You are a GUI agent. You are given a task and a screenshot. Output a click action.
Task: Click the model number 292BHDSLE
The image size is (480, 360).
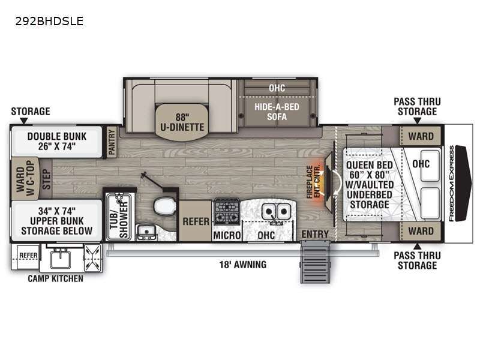pos(49,21)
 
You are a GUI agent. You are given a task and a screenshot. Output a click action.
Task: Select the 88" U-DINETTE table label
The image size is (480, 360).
pos(182,122)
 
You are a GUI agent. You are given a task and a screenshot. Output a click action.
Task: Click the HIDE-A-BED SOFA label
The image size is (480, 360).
pos(277,112)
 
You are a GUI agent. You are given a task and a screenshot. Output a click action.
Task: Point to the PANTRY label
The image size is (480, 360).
pos(112,142)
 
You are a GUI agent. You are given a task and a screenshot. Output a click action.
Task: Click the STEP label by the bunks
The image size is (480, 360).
pos(46,179)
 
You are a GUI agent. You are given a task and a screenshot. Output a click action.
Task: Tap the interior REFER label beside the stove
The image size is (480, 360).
pos(196,221)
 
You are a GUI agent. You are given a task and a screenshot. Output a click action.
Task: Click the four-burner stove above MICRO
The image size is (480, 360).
pos(227,212)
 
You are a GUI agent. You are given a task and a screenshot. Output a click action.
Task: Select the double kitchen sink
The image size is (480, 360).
pos(276,212)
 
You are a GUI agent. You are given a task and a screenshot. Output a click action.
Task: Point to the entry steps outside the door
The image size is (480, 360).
pos(316,262)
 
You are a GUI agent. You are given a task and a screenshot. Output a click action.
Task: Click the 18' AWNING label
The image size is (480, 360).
pos(243,265)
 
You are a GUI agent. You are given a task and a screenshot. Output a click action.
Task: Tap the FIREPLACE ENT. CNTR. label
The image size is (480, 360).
pos(313,182)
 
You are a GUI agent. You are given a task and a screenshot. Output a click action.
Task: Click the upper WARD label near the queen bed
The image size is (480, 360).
pos(421,136)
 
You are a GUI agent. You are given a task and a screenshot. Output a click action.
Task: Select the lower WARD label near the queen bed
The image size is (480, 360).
pos(421,231)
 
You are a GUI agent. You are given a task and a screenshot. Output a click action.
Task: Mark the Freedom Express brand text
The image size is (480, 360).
pos(451,184)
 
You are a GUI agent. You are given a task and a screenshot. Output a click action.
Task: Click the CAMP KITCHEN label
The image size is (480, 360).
pos(55,278)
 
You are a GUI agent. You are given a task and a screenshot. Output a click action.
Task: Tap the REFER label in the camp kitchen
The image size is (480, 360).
pos(28,256)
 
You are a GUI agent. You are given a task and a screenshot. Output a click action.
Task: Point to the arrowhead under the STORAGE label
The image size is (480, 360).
pos(23,121)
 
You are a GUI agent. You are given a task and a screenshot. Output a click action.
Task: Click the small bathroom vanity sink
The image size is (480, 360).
pos(146,232)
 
